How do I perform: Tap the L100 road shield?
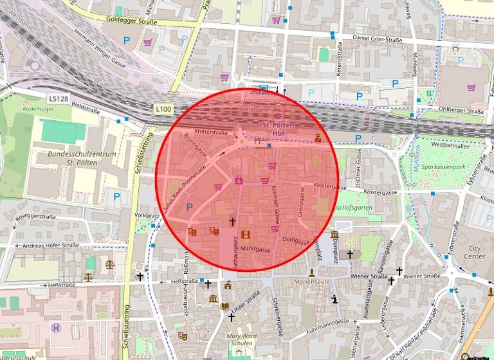[163, 109]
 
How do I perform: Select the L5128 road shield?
[57, 99]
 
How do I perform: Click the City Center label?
[477, 253]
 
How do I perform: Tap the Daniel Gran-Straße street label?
[378, 40]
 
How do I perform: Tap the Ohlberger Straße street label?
[461, 111]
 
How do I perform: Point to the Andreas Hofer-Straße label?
[50, 246]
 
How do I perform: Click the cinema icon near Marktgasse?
[245, 235]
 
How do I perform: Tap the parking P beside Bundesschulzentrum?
[116, 196]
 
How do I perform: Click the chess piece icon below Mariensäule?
[334, 299]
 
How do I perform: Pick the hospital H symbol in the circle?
[57, 328]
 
